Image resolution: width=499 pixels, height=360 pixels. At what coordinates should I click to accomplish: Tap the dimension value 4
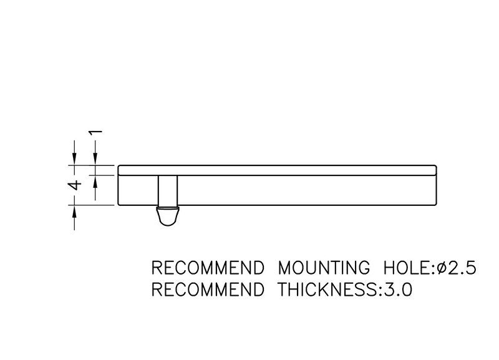click(x=75, y=185)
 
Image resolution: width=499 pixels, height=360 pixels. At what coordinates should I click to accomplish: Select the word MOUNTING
click(x=324, y=268)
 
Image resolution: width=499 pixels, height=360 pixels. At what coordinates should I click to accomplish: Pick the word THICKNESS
click(x=328, y=289)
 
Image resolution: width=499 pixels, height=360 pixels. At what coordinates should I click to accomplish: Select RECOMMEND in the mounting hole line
click(x=208, y=268)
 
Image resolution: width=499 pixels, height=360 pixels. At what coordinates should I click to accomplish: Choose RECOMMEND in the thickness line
click(x=208, y=289)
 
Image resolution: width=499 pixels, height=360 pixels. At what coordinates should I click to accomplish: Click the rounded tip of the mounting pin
click(x=167, y=225)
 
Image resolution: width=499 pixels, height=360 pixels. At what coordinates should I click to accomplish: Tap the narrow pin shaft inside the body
click(x=168, y=190)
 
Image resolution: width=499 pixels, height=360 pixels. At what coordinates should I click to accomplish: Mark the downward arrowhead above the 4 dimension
click(x=74, y=159)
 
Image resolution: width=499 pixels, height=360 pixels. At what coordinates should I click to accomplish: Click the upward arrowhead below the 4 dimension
click(x=74, y=212)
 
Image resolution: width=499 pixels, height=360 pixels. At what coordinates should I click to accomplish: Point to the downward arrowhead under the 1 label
click(x=95, y=159)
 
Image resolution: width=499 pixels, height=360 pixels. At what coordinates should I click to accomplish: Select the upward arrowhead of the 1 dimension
click(x=95, y=181)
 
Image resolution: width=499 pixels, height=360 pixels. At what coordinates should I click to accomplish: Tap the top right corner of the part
click(x=436, y=166)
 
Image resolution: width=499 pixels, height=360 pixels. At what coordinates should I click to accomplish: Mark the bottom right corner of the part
click(x=436, y=205)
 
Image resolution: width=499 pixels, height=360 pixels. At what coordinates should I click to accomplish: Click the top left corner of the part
click(x=119, y=166)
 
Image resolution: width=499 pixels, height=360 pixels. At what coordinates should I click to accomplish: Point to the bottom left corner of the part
click(x=119, y=205)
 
